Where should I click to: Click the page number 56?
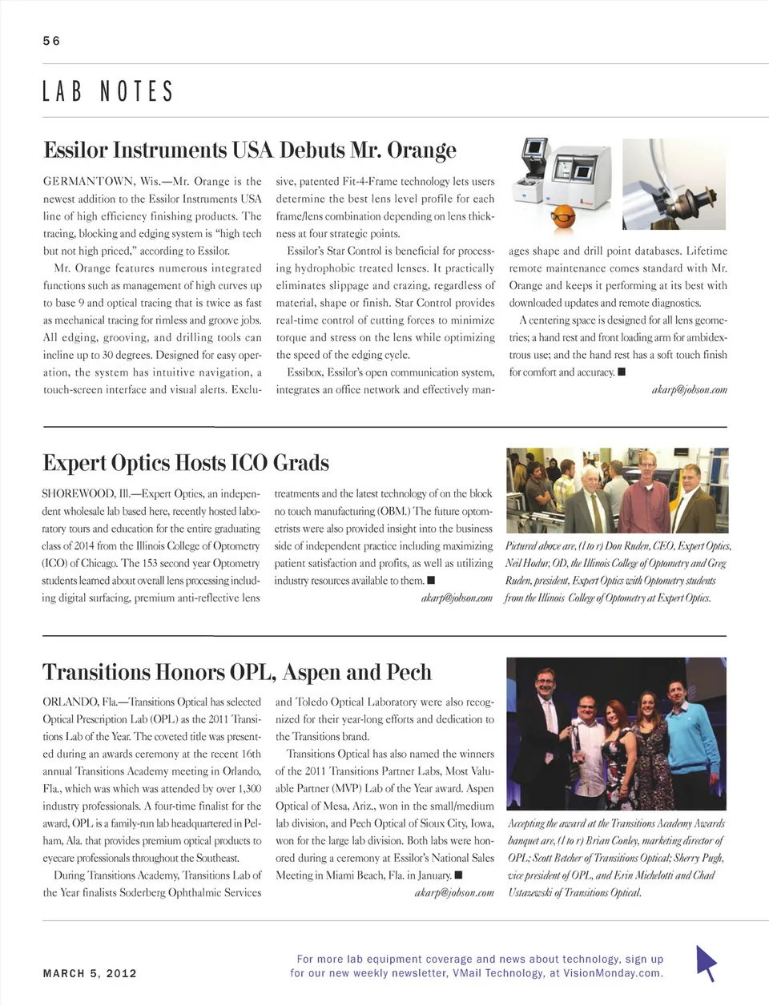pos(51,41)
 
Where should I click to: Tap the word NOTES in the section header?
pos(136,91)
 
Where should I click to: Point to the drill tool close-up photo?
pos(674,184)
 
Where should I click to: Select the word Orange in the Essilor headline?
pos(421,151)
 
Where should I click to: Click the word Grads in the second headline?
pos(301,463)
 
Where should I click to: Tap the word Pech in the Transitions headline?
pos(409,672)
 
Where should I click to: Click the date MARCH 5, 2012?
pos(90,974)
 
